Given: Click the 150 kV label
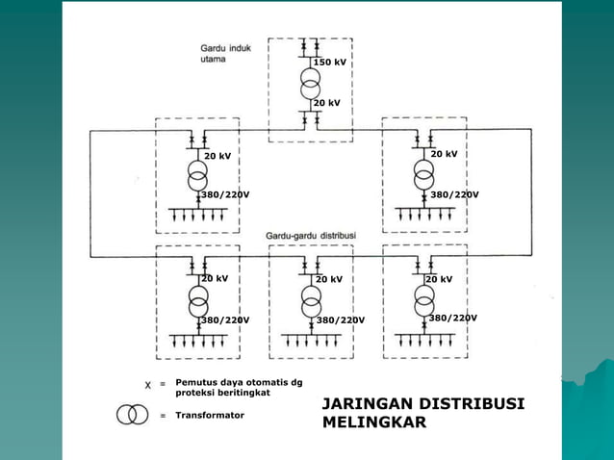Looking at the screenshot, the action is pyautogui.click(x=330, y=63).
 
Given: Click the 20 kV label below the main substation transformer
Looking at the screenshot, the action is pyautogui.click(x=326, y=103).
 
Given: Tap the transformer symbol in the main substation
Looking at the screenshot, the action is pyautogui.click(x=311, y=84).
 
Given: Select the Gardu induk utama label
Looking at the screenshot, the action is pyautogui.click(x=225, y=54).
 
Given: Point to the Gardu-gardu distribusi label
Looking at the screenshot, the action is pyautogui.click(x=311, y=236).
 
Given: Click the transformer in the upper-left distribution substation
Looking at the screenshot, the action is pyautogui.click(x=197, y=175).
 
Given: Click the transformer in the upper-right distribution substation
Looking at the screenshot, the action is pyautogui.click(x=423, y=174).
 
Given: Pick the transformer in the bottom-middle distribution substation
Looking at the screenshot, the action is pyautogui.click(x=312, y=301).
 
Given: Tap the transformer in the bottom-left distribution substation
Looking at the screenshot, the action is pyautogui.click(x=198, y=301).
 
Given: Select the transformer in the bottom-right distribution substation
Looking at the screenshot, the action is pyautogui.click(x=424, y=300).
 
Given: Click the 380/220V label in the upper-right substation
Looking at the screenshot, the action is pyautogui.click(x=454, y=194).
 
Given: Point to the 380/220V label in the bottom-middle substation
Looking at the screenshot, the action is pyautogui.click(x=341, y=320).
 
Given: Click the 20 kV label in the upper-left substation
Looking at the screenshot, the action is pyautogui.click(x=217, y=156).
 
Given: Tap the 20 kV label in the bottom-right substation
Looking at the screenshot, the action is pyautogui.click(x=439, y=279).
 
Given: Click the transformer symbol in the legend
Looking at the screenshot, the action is pyautogui.click(x=133, y=414).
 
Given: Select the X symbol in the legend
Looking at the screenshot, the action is pyautogui.click(x=147, y=385).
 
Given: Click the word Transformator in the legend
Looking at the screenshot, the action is pyautogui.click(x=210, y=416).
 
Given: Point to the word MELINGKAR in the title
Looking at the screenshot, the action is pyautogui.click(x=374, y=422).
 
